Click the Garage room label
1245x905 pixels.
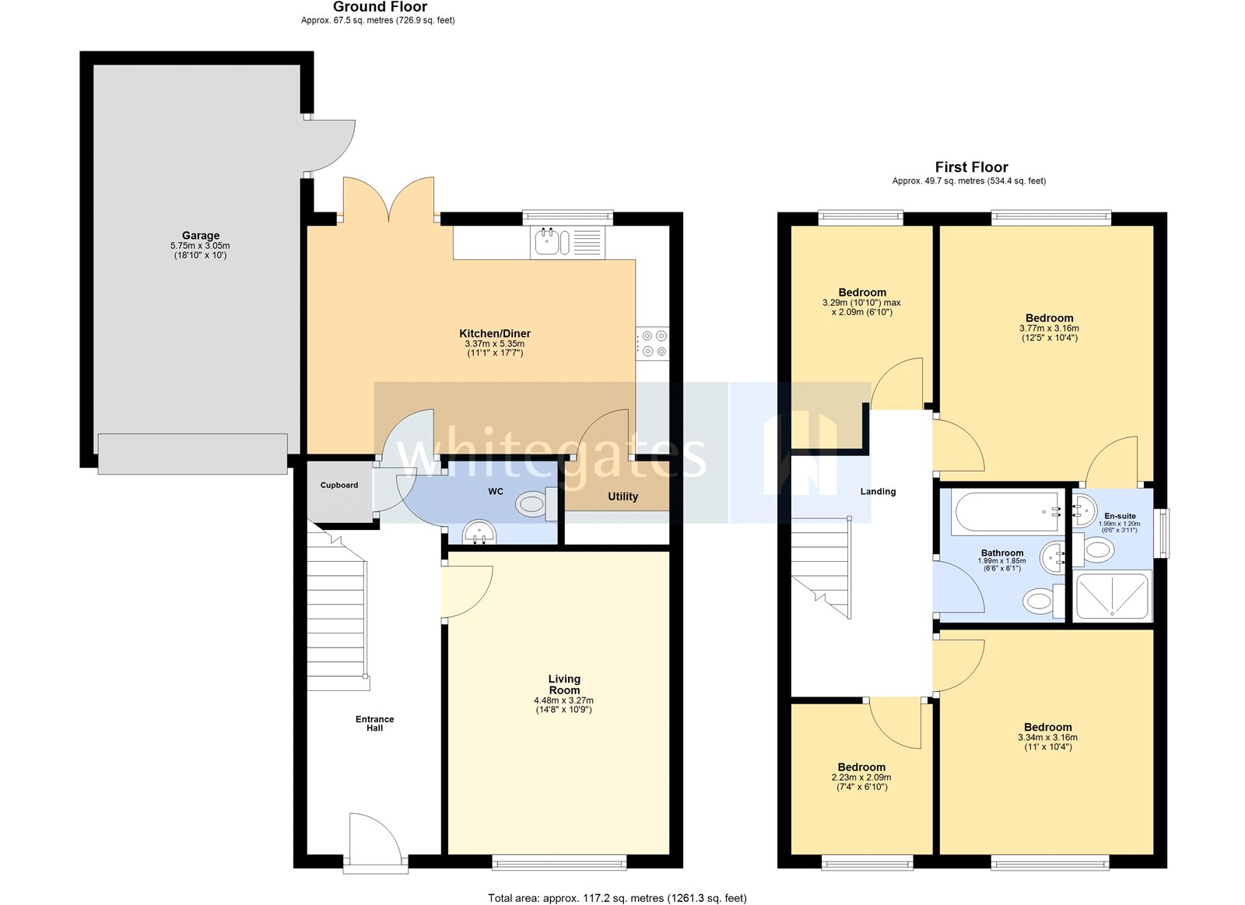pos(201,235)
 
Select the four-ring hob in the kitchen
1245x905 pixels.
pos(652,344)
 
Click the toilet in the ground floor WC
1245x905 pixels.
pos(534,504)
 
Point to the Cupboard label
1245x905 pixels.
pos(339,485)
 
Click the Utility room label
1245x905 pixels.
pos(622,496)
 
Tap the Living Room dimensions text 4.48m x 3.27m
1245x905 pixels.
pos(563,700)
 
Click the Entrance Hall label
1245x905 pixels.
pos(375,724)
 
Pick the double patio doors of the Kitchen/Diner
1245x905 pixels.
pos(389,201)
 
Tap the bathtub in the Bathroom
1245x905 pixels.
pos(1007,511)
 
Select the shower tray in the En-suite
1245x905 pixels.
pos(1111,597)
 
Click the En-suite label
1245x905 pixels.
pos(1120,516)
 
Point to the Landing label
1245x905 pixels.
pos(878,492)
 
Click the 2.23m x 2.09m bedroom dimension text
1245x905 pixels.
pos(861,777)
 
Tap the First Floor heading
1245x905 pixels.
pos(971,167)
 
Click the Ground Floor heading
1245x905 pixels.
pos(380,7)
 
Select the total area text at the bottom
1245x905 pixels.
pos(617,898)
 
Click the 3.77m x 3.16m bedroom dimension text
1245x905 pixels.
pos(1049,328)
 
